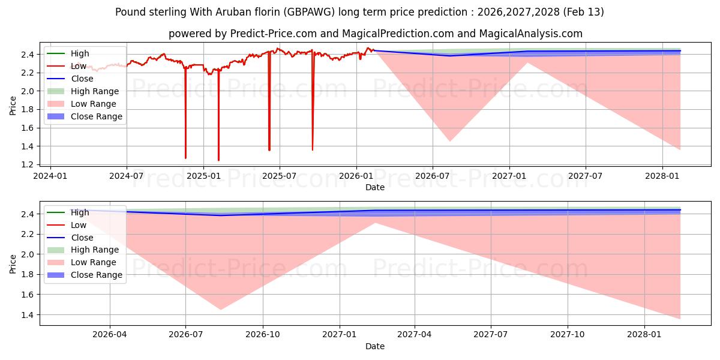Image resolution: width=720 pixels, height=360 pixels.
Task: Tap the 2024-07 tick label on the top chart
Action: tap(127, 176)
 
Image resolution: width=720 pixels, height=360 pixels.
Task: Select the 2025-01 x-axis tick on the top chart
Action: tap(203, 176)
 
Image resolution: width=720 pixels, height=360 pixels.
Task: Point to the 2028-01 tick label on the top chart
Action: tap(662, 176)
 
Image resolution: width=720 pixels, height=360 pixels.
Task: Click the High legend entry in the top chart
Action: tap(80, 53)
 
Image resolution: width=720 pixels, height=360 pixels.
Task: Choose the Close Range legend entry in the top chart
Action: tap(96, 116)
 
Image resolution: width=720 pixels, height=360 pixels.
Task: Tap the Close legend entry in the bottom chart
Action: tap(82, 238)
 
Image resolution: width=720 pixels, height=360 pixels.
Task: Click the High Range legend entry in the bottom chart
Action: tap(95, 250)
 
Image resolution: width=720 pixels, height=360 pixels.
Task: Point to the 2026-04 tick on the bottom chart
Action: tap(110, 335)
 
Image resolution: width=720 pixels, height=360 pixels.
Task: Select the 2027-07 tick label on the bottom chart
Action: tap(491, 335)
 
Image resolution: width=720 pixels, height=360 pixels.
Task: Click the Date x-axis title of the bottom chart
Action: tap(375, 346)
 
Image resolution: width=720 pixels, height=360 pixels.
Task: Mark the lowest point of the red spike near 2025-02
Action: tap(218, 160)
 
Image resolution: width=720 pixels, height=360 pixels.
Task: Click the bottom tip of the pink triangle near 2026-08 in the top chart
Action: tap(449, 142)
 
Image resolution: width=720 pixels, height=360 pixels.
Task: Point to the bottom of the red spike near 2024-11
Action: tap(185, 158)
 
